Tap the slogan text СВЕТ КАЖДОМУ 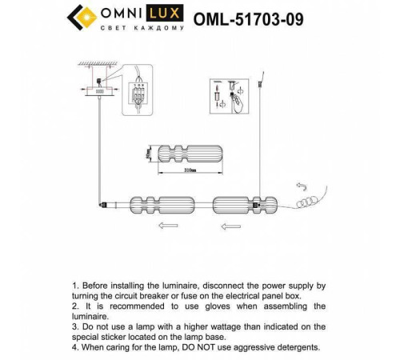[143, 29]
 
